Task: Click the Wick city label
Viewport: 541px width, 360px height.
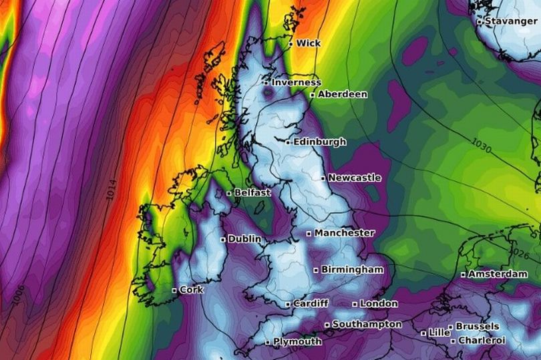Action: [x=308, y=43]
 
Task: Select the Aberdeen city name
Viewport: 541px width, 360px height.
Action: [x=342, y=94]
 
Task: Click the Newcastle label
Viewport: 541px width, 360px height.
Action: [x=355, y=178]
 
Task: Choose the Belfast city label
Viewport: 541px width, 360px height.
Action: [x=252, y=192]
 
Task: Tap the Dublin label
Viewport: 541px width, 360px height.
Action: [x=244, y=238]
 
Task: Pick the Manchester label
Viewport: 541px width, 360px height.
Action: [x=344, y=233]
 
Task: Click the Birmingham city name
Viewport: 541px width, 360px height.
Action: [x=352, y=269]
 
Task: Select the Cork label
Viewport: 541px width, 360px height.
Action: [x=191, y=290]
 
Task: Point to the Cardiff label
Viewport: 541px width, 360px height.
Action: [x=311, y=303]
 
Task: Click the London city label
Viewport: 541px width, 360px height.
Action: [x=379, y=303]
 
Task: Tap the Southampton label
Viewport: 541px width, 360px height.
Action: [x=367, y=324]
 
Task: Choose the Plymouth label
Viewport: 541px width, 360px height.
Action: [x=297, y=341]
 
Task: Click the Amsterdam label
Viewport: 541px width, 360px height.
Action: [x=498, y=274]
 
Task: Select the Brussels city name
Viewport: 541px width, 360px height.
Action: [x=477, y=326]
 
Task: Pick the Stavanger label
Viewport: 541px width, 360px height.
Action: [x=511, y=21]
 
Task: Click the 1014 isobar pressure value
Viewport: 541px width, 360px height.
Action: [x=112, y=190]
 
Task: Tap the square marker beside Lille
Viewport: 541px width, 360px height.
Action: [x=423, y=332]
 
